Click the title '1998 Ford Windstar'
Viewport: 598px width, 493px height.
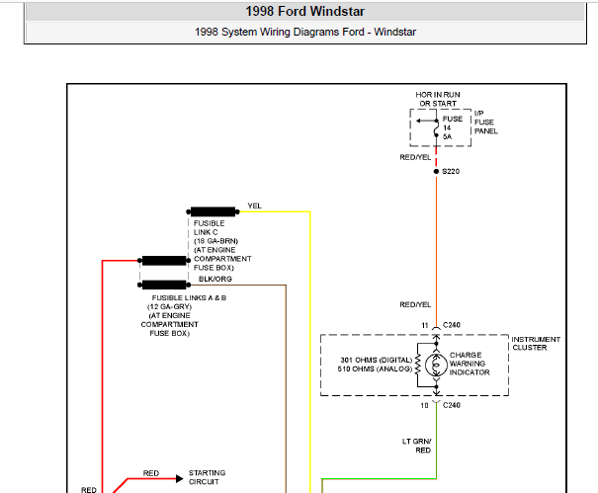(x=304, y=12)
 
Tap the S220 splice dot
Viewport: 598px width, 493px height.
(x=436, y=172)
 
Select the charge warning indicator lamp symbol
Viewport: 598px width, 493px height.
(x=436, y=365)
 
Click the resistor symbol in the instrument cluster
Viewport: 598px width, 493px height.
(x=418, y=365)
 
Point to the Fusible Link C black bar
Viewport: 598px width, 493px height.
(x=213, y=211)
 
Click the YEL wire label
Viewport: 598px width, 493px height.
(x=254, y=205)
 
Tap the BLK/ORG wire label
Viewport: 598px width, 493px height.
(x=215, y=279)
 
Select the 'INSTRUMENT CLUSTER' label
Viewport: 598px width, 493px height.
(x=536, y=343)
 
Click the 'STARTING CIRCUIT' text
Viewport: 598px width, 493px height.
(x=207, y=477)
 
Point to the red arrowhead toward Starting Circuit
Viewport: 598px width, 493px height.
(x=179, y=478)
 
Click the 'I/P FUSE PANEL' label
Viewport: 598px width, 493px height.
(x=486, y=122)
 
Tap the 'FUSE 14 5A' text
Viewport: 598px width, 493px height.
(x=453, y=127)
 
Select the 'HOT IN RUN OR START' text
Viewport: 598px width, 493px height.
(x=438, y=99)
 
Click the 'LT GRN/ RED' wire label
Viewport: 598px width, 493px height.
(x=417, y=446)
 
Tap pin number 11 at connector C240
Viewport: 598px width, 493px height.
(x=425, y=325)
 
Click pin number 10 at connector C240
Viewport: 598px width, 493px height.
(x=424, y=405)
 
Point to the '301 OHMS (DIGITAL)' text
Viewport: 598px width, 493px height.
(x=377, y=360)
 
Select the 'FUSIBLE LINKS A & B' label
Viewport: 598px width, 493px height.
(x=189, y=297)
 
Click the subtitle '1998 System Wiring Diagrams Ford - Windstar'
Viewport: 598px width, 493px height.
(x=305, y=32)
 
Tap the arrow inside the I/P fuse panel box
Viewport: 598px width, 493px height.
(x=426, y=121)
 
